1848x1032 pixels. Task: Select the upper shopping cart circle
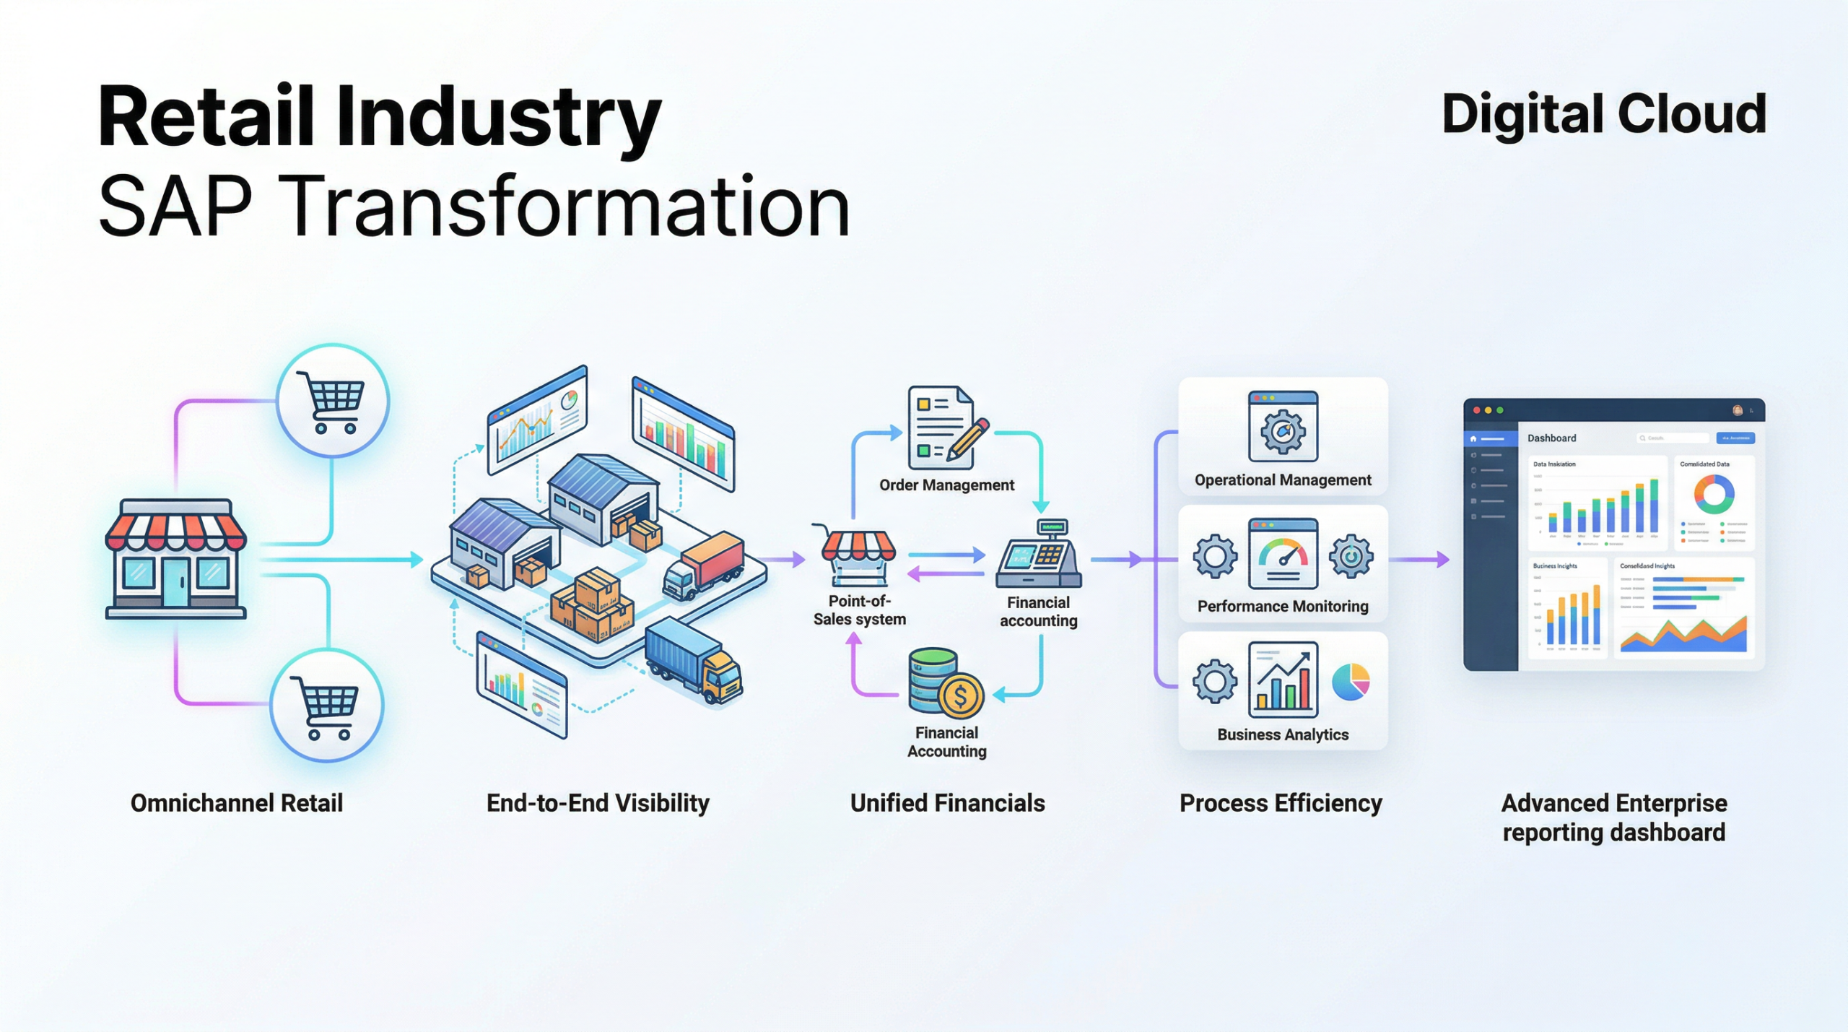pyautogui.click(x=333, y=401)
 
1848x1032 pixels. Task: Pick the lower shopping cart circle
pyautogui.click(x=327, y=706)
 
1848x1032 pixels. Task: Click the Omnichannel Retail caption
pyautogui.click(x=236, y=803)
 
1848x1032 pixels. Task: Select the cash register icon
pyautogui.click(x=1039, y=555)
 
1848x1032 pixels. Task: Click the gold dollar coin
pyautogui.click(x=960, y=696)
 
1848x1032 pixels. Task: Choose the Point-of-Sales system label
pyautogui.click(x=859, y=610)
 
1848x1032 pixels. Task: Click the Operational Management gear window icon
pyautogui.click(x=1283, y=428)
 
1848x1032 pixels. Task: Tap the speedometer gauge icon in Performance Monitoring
pyautogui.click(x=1283, y=555)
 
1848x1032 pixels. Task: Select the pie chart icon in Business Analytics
pyautogui.click(x=1350, y=682)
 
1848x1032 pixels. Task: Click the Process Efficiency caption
pyautogui.click(x=1281, y=803)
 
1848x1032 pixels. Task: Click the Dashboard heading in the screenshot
pyautogui.click(x=1551, y=438)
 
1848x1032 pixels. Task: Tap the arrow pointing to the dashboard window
pyautogui.click(x=1419, y=559)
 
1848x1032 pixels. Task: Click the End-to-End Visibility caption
pyautogui.click(x=598, y=803)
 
